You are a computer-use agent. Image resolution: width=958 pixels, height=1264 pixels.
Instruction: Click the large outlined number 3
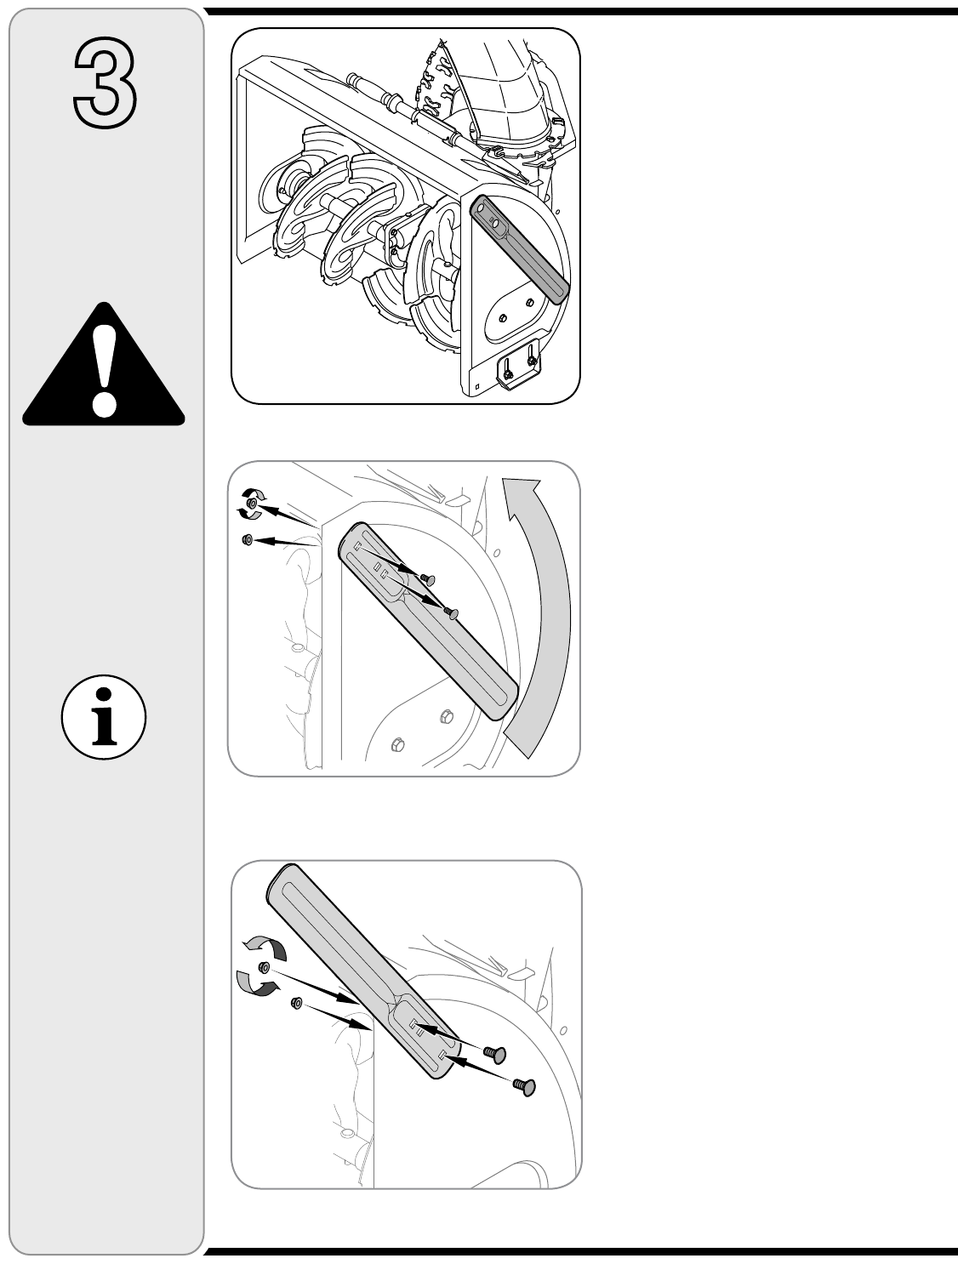[105, 83]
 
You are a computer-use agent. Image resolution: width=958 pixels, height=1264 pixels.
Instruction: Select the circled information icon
[104, 717]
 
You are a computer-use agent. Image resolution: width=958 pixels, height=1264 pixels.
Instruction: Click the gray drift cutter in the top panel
[519, 248]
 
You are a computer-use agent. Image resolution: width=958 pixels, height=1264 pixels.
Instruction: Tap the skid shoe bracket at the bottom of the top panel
[519, 365]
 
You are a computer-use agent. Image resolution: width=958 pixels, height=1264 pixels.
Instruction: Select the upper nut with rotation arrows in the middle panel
[252, 504]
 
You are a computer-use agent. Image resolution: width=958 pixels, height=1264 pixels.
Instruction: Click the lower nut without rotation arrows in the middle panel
[248, 539]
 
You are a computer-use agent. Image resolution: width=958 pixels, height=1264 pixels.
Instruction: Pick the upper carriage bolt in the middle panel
[427, 578]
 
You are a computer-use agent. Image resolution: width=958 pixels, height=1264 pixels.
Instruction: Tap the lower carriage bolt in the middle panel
[452, 613]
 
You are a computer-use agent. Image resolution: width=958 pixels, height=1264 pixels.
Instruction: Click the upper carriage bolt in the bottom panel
[495, 1054]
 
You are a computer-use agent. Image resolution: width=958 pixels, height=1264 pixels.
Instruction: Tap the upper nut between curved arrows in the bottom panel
[265, 967]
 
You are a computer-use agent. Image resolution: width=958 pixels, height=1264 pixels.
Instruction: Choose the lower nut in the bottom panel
[297, 1003]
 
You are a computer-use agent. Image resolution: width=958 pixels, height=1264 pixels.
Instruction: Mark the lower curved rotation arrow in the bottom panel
[256, 984]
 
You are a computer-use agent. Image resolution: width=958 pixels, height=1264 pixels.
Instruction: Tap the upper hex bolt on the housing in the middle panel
[445, 716]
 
